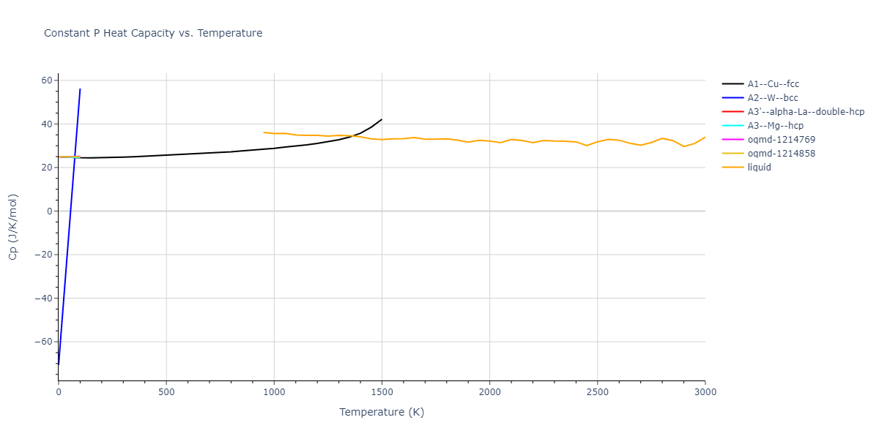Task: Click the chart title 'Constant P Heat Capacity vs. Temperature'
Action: pyautogui.click(x=153, y=33)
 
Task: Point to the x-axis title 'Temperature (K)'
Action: pyautogui.click(x=382, y=412)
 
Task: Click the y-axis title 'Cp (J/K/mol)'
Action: pyautogui.click(x=13, y=227)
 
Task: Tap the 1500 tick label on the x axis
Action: pyautogui.click(x=382, y=392)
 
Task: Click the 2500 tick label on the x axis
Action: pyautogui.click(x=597, y=392)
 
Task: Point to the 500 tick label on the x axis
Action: pyautogui.click(x=166, y=392)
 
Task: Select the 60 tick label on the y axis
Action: pyautogui.click(x=47, y=80)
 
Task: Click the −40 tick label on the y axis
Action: pyautogui.click(x=43, y=298)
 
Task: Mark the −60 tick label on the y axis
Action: pyautogui.click(x=43, y=342)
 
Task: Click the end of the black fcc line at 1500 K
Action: pyautogui.click(x=382, y=119)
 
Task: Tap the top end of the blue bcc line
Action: pyautogui.click(x=80, y=89)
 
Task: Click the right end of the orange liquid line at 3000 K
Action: pyautogui.click(x=705, y=137)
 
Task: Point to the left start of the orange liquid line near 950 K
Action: pyautogui.click(x=264, y=132)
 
